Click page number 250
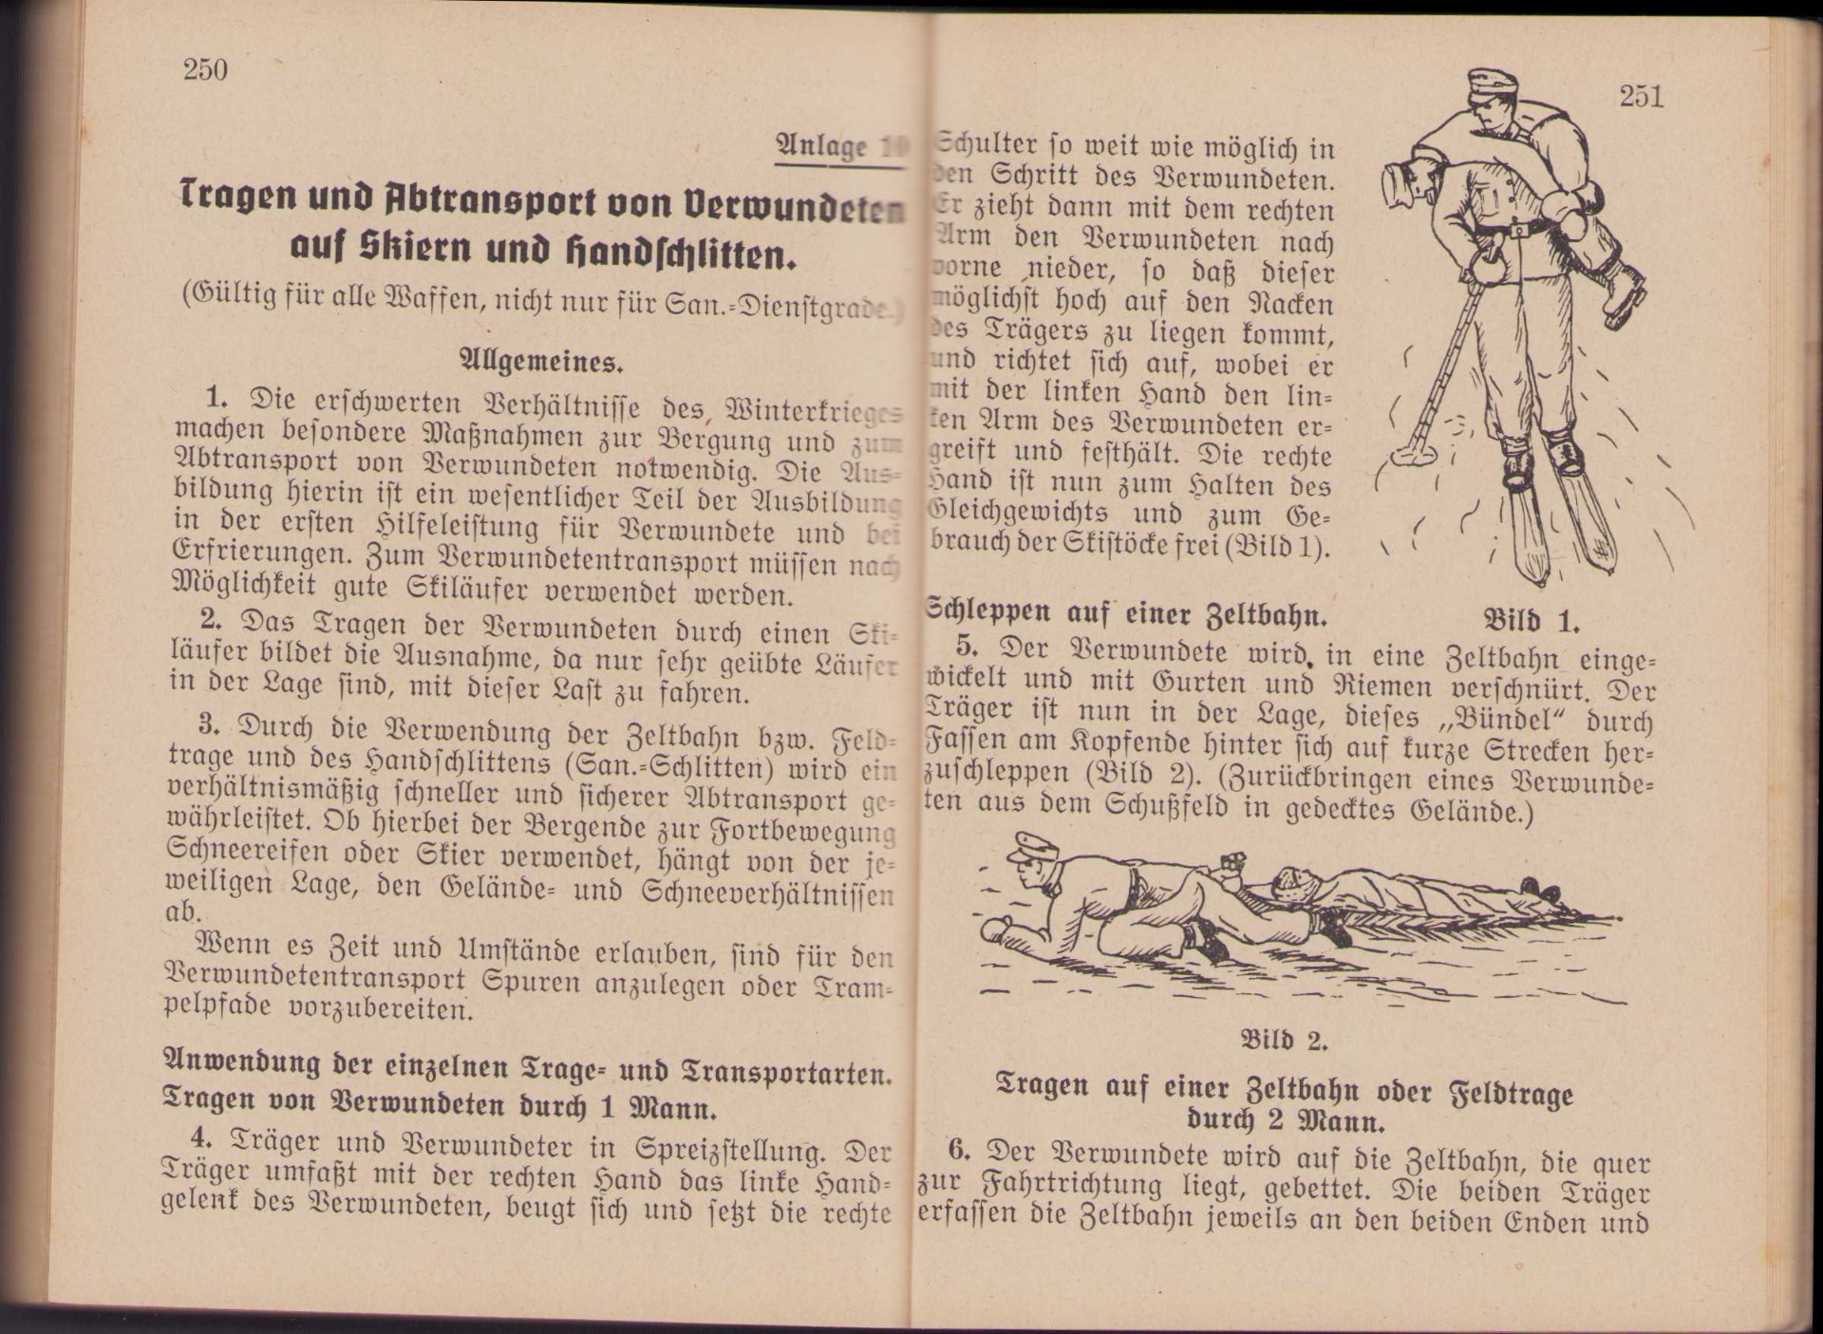[205, 69]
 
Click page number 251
[1641, 96]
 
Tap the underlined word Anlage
[821, 145]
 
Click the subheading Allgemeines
[541, 362]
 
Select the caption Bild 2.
[1284, 1040]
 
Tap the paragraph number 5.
[967, 647]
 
